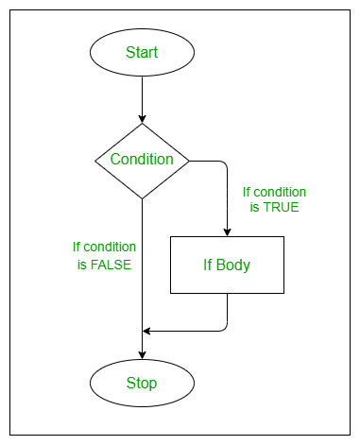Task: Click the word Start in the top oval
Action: pos(142,53)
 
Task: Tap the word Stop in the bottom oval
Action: pos(142,384)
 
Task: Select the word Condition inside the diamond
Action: pos(142,160)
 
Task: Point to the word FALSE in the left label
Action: pos(111,265)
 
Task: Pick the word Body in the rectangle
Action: pos(237,265)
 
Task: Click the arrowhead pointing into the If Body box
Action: pos(227,231)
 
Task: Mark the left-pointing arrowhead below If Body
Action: pos(147,331)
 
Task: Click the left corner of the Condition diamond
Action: pos(95,161)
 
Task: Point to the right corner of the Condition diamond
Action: pos(188,161)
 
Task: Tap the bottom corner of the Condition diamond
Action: pos(142,199)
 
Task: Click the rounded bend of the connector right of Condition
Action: pos(225,163)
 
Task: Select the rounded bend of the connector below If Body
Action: pos(225,328)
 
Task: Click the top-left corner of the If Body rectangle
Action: pos(170,237)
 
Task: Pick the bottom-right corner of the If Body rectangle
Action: pos(283,293)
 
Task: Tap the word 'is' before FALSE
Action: pos(82,265)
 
